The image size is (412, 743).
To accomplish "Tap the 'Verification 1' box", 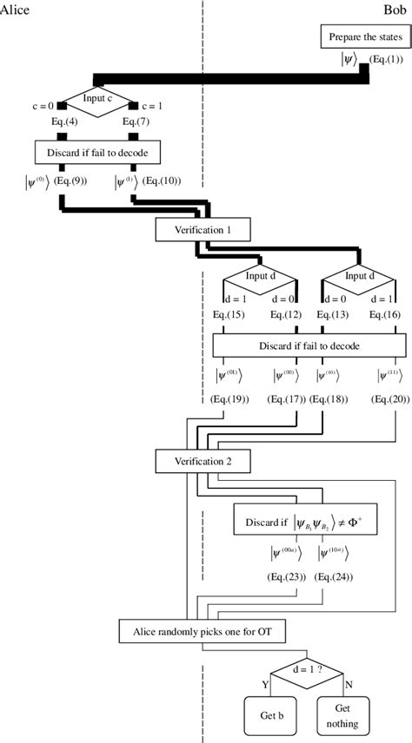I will click(203, 231).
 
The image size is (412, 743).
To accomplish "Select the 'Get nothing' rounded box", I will click(340, 719).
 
